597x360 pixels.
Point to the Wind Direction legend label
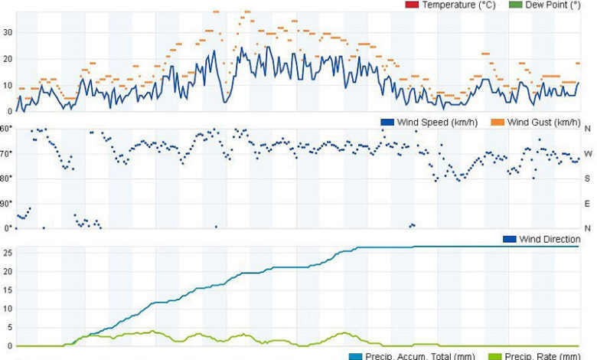pyautogui.click(x=550, y=239)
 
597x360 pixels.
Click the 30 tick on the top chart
pyautogui.click(x=8, y=32)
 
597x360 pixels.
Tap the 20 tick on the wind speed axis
pyautogui.click(x=8, y=59)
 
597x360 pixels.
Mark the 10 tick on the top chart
pyautogui.click(x=8, y=86)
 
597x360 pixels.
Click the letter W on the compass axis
pyautogui.click(x=588, y=154)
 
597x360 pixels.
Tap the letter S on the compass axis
pyautogui.click(x=588, y=178)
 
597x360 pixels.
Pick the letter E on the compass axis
pyautogui.click(x=588, y=204)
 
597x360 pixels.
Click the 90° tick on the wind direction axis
pyautogui.click(x=8, y=204)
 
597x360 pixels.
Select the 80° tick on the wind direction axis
pyautogui.click(x=8, y=178)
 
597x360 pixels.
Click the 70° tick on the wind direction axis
pyautogui.click(x=8, y=154)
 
